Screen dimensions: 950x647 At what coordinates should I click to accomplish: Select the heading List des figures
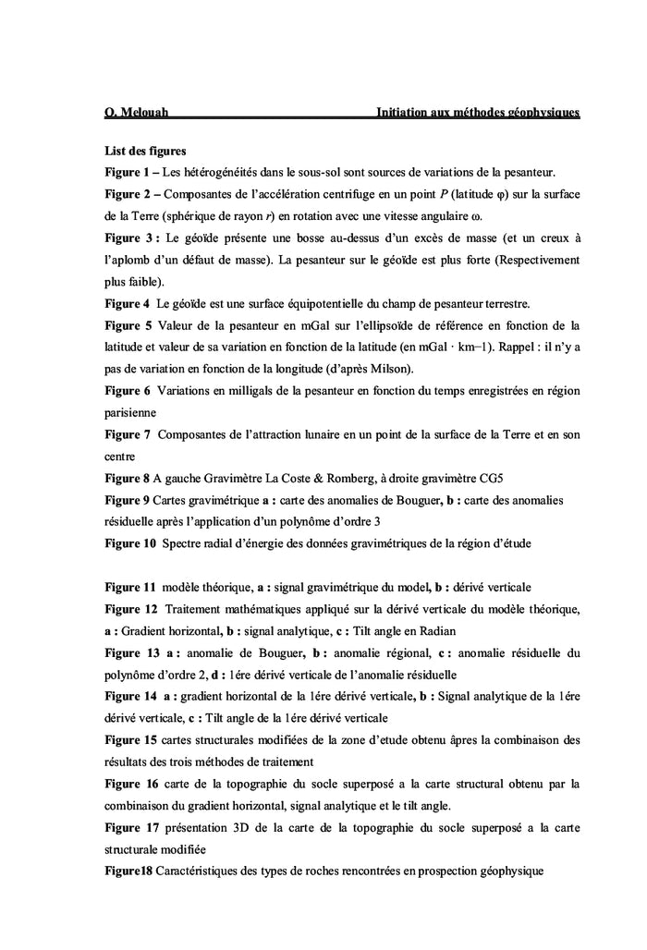point(146,150)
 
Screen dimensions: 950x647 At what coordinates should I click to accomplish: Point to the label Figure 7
point(127,434)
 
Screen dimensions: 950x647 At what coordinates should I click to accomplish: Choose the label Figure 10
point(130,543)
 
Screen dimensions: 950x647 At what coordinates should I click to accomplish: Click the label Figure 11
point(130,587)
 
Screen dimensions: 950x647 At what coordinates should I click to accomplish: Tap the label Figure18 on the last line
point(128,871)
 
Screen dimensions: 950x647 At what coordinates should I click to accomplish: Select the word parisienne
point(130,412)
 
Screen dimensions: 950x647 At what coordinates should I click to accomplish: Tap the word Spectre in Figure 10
point(183,543)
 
